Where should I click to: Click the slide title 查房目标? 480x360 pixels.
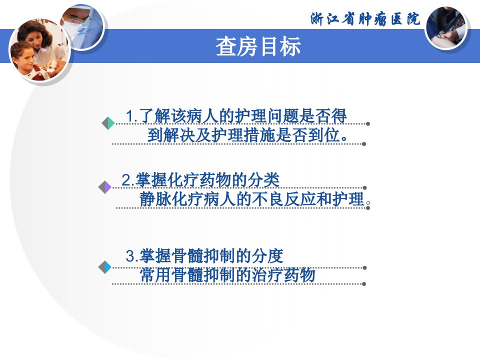[258, 46]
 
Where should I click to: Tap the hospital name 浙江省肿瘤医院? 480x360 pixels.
[365, 19]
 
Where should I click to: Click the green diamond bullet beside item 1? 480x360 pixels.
[108, 123]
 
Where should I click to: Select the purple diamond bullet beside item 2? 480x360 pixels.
[105, 187]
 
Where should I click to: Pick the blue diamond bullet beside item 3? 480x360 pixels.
[105, 267]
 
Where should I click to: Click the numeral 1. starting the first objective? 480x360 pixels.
[131, 116]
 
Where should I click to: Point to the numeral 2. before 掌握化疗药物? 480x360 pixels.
[128, 180]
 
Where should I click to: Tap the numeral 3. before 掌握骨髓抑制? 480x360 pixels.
[132, 255]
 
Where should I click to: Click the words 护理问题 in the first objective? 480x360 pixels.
[266, 115]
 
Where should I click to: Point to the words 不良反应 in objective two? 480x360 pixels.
[284, 199]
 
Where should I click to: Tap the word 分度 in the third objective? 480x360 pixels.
[267, 255]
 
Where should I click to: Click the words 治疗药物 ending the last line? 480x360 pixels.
[283, 274]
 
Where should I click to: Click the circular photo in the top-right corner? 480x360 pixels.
[446, 28]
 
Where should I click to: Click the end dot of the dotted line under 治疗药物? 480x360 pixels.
[364, 284]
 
